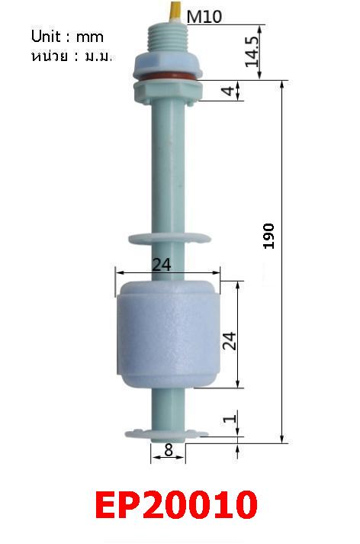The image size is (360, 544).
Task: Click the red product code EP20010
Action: coord(176,505)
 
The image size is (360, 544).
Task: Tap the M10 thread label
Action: coord(204,16)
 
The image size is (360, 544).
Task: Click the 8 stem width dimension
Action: coord(168,450)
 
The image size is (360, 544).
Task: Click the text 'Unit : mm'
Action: coord(66,37)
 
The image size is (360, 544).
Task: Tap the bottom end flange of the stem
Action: coord(166,434)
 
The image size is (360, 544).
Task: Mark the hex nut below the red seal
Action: coord(168,92)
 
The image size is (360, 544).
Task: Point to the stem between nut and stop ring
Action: coord(168,168)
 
